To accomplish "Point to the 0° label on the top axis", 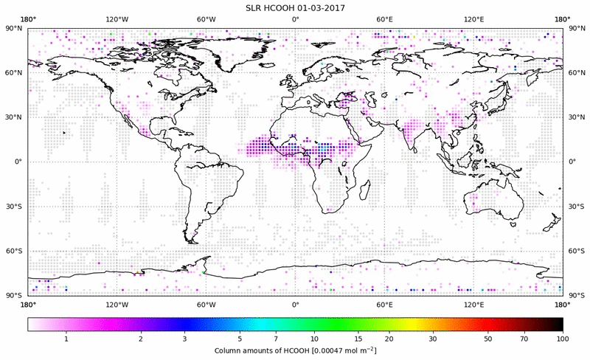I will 295,18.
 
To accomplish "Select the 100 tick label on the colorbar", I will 562,339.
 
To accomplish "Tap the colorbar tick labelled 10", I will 315,339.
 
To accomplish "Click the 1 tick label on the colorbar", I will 66,339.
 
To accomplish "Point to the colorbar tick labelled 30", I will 434,339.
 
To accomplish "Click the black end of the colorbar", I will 558,324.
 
